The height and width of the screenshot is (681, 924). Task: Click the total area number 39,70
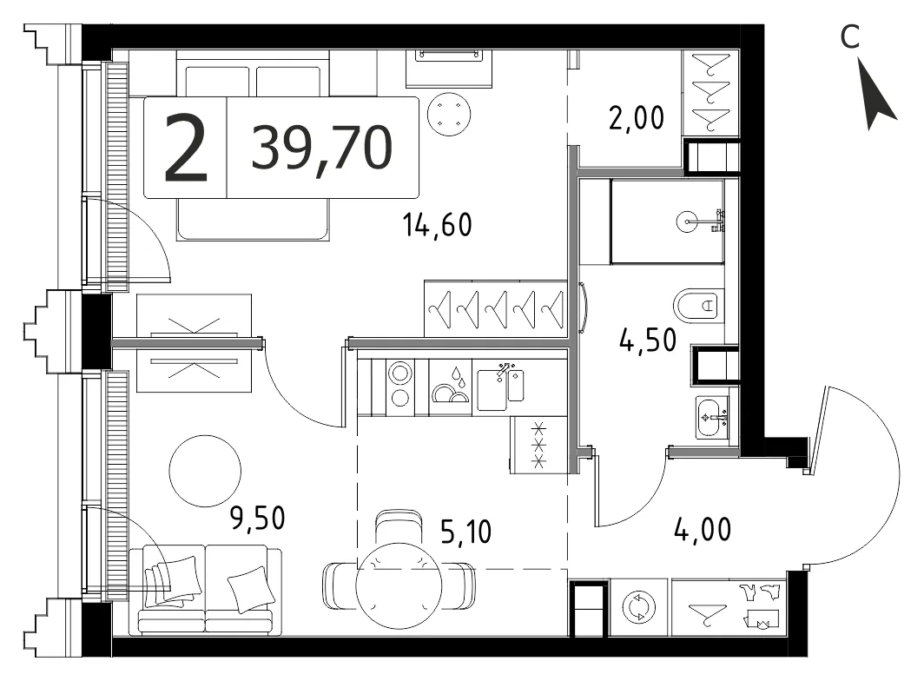tap(321, 148)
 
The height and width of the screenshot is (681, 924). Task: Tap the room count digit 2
tap(186, 148)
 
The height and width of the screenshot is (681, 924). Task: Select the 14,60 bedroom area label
tap(438, 225)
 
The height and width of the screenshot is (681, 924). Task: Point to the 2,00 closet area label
tap(637, 118)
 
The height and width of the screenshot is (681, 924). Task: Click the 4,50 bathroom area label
tap(648, 340)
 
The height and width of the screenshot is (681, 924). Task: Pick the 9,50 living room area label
tap(258, 519)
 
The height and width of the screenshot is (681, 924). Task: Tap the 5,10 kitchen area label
tap(465, 532)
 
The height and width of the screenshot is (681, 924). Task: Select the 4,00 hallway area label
tap(703, 529)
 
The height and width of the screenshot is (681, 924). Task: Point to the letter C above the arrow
tap(850, 37)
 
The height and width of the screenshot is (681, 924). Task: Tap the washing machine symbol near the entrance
tap(639, 607)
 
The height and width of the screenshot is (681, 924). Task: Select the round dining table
tap(399, 585)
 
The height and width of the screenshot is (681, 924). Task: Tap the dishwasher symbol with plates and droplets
tap(451, 387)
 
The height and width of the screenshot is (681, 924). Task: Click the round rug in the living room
tap(205, 471)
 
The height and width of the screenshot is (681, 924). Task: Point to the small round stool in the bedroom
tap(450, 115)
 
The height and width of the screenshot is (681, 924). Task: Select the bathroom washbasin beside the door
tap(712, 418)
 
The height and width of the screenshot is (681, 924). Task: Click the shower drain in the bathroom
tap(688, 222)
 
